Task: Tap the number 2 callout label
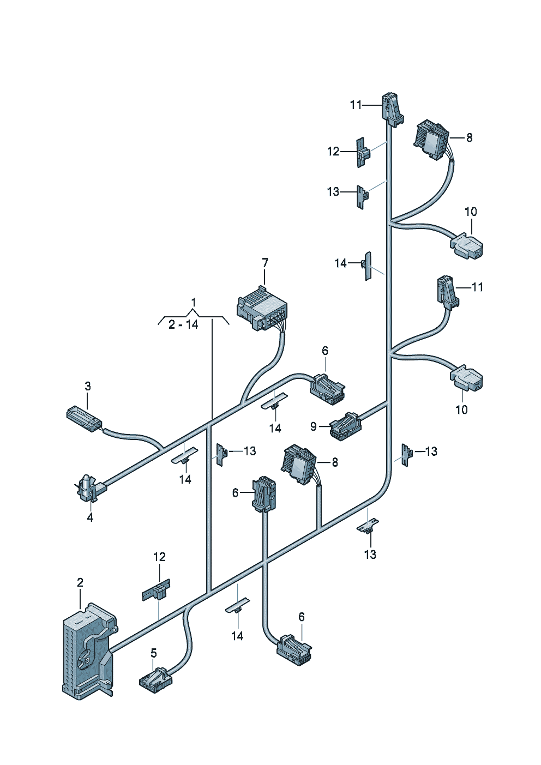point(80,582)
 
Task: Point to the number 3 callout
point(88,386)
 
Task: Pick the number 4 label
point(90,517)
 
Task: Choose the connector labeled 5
point(155,680)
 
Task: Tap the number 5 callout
point(154,653)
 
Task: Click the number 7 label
point(265,263)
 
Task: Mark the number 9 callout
point(314,426)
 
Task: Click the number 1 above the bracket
point(193,302)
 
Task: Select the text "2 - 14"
point(183,324)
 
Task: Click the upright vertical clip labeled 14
point(368,266)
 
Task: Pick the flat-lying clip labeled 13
point(368,526)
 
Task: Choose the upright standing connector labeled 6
point(263,493)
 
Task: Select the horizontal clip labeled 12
point(157,591)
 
